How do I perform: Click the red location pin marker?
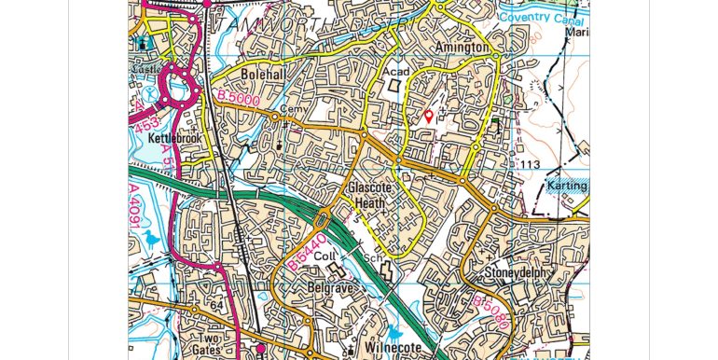[428, 117]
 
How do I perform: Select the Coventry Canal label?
[544, 16]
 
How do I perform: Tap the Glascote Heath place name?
[373, 194]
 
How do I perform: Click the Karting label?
[567, 186]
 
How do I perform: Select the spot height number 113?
[531, 165]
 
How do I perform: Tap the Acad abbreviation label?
[392, 71]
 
